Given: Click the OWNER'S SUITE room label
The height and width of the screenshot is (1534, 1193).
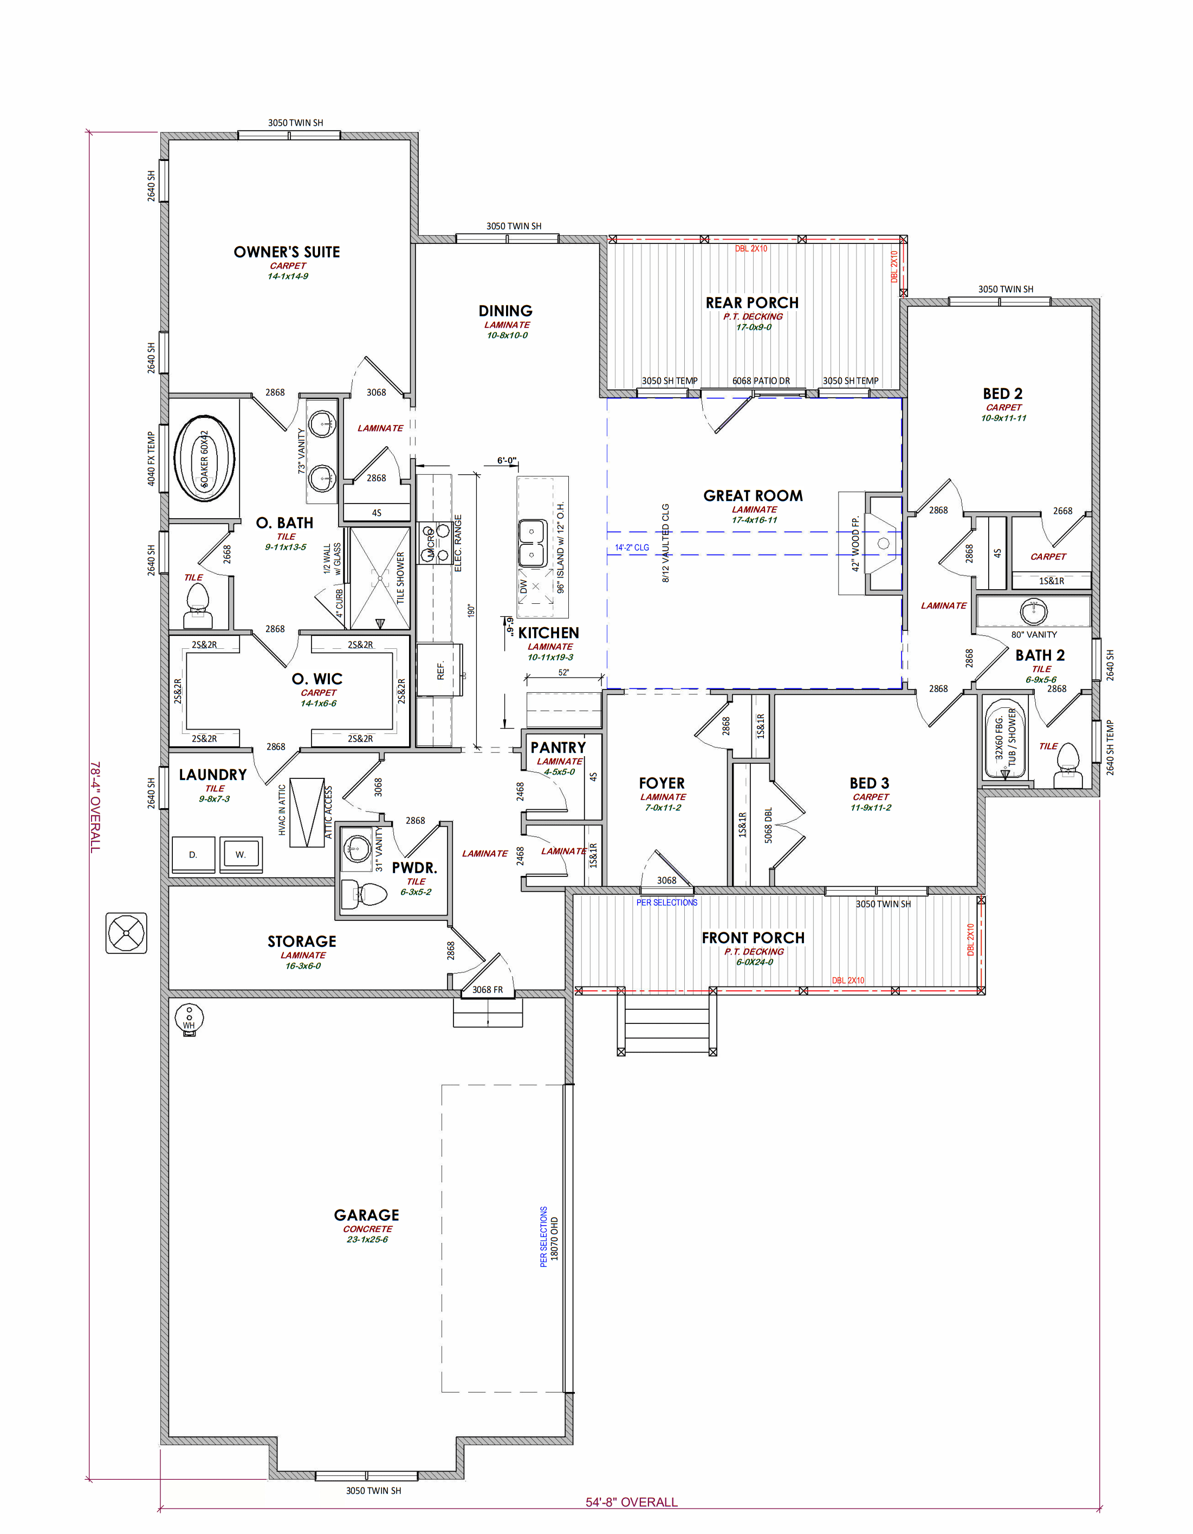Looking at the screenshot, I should (287, 252).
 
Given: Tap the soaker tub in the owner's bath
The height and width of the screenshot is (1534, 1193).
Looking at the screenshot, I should (204, 458).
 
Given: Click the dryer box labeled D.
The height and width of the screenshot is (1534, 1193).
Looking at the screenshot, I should (193, 855).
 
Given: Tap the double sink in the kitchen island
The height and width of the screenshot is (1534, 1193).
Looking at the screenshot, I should (531, 543).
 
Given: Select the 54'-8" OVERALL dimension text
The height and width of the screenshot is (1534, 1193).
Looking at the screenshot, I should (631, 1501).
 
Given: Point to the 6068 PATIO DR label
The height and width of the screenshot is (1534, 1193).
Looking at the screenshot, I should (761, 381).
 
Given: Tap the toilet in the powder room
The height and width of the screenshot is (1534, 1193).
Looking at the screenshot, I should (365, 894).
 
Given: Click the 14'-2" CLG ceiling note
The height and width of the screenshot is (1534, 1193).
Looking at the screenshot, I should (632, 547).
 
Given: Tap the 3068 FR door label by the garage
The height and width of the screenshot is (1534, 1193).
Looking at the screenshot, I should (487, 990).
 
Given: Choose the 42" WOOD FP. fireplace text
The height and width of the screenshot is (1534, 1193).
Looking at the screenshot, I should (855, 544).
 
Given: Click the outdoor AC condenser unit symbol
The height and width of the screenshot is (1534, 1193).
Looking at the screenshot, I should (126, 933).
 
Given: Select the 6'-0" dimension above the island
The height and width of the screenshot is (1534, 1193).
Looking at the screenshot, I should (506, 461).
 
